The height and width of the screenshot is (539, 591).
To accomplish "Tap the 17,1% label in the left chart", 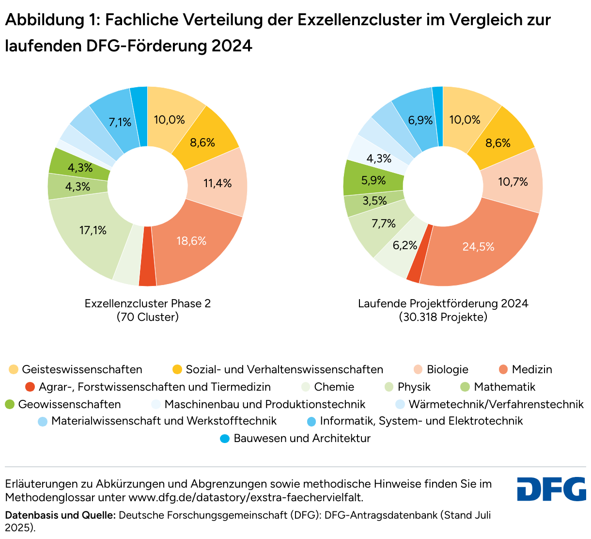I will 93,231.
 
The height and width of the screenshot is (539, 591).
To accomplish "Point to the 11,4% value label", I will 218,183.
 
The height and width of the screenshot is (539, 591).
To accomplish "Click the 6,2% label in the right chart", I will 405,246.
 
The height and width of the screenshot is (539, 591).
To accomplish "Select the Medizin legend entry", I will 531,369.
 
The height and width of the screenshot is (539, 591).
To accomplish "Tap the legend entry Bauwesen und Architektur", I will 302,438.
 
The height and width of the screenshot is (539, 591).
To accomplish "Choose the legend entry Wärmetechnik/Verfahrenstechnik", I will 496,404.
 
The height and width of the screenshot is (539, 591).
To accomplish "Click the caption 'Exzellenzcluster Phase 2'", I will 148,303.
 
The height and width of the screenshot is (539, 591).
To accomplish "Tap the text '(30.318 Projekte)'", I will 443,317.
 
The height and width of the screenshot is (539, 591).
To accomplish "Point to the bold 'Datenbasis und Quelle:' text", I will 60,515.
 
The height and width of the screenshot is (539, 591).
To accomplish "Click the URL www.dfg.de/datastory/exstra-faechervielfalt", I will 246,497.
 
